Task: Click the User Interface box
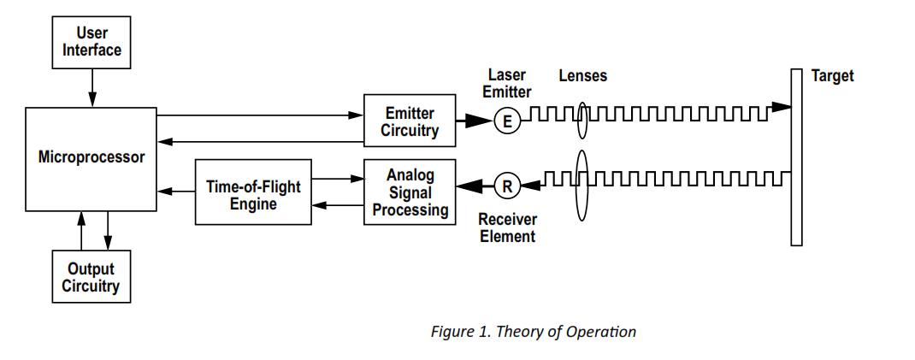coord(91,42)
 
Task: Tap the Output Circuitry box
coord(91,277)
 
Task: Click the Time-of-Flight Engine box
coord(253,192)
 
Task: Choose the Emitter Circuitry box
coord(410,121)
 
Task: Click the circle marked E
coord(507,121)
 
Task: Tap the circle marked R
coord(507,184)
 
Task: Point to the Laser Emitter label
coord(507,83)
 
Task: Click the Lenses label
coord(583,76)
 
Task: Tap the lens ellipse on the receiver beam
coord(583,184)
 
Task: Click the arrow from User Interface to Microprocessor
coord(91,87)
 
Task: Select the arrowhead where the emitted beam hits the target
coord(780,108)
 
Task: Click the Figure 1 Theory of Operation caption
coord(533,331)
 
